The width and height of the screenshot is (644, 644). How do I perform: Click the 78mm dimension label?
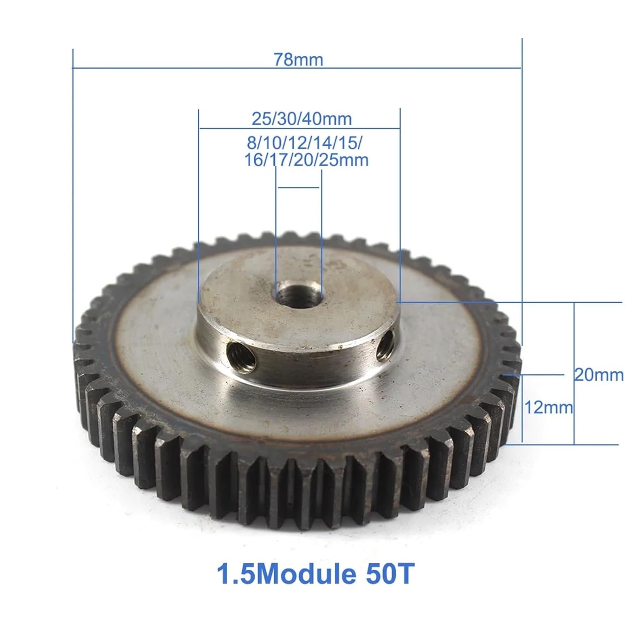click(298, 59)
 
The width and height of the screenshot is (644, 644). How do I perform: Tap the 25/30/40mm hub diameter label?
click(301, 118)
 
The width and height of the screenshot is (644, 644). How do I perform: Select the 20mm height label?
click(599, 375)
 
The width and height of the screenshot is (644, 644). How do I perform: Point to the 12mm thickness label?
click(548, 407)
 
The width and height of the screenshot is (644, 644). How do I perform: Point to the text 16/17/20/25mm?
click(306, 160)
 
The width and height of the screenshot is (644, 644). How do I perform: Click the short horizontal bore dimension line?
click(299, 188)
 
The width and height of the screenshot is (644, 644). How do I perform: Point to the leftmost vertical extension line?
click(73, 193)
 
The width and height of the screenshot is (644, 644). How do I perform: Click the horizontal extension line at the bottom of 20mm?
click(562, 445)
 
